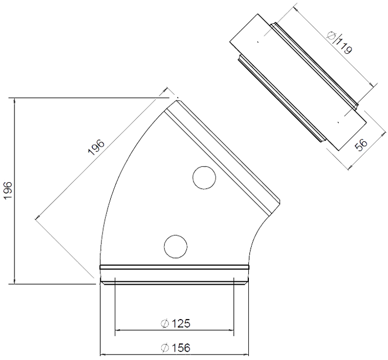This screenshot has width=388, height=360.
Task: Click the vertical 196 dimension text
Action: tap(8, 191)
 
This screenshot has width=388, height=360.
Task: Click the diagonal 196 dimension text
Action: tap(96, 147)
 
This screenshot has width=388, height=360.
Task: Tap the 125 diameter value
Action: tap(181, 323)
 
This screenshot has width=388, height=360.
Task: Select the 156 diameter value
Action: tap(181, 348)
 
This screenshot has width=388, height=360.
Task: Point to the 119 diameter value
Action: tap(345, 46)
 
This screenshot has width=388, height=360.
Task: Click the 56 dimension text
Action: tap(361, 145)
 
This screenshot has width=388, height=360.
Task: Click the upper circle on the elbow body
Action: tap(204, 178)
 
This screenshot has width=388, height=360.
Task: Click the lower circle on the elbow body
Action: tap(176, 246)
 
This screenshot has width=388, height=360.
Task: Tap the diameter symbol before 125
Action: tap(165, 323)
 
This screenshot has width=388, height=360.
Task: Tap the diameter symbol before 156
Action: tap(165, 348)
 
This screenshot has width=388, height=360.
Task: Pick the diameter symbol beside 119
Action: tap(331, 36)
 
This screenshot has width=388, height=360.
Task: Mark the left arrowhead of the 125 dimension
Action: tap(118, 330)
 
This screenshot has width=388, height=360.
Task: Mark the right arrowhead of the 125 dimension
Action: tap(231, 330)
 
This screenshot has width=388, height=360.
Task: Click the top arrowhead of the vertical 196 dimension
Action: tap(15, 101)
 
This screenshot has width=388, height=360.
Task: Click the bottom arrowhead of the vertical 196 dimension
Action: tap(15, 281)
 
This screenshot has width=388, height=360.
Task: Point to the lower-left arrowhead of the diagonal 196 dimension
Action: tap(38, 217)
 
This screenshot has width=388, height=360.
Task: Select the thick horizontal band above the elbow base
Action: tap(174, 267)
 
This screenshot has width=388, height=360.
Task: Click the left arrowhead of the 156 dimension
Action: tap(103, 354)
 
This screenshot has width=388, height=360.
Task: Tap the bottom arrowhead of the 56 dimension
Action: tap(350, 167)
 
